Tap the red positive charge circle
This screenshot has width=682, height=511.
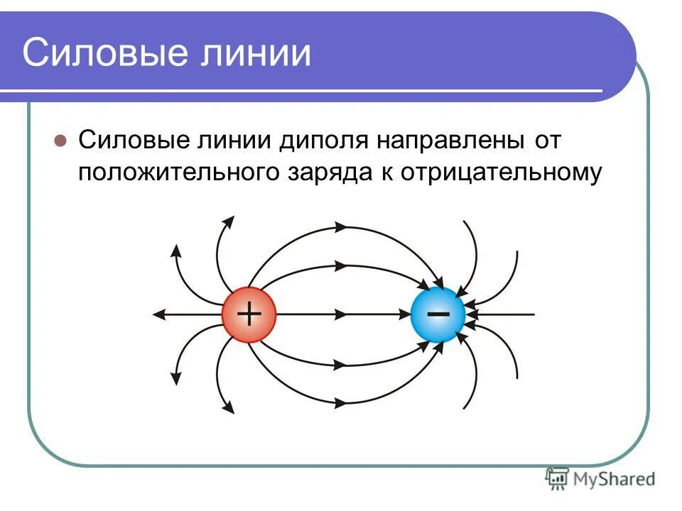click(x=248, y=314)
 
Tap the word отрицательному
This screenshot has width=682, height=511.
click(x=502, y=172)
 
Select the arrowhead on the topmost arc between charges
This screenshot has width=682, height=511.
click(x=340, y=227)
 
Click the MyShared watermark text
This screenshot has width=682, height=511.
click(x=614, y=480)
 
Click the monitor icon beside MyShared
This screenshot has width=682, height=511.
click(x=558, y=478)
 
